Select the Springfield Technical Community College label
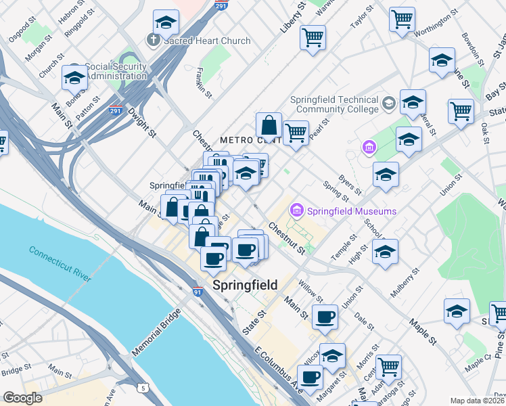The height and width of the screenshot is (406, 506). tap(334, 104)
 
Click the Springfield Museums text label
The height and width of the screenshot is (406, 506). tap(352, 211)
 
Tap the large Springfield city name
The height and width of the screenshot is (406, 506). tap(245, 285)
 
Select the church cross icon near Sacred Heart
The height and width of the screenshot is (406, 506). tap(153, 41)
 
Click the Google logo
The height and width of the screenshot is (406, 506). tap(23, 398)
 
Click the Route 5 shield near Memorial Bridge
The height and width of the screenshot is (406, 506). tap(143, 388)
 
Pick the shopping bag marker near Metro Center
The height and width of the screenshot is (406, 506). tap(269, 125)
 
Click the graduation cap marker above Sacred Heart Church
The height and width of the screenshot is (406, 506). tap(166, 23)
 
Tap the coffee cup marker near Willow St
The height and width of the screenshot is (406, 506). tap(325, 316)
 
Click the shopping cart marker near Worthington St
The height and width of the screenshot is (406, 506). tap(402, 19)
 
